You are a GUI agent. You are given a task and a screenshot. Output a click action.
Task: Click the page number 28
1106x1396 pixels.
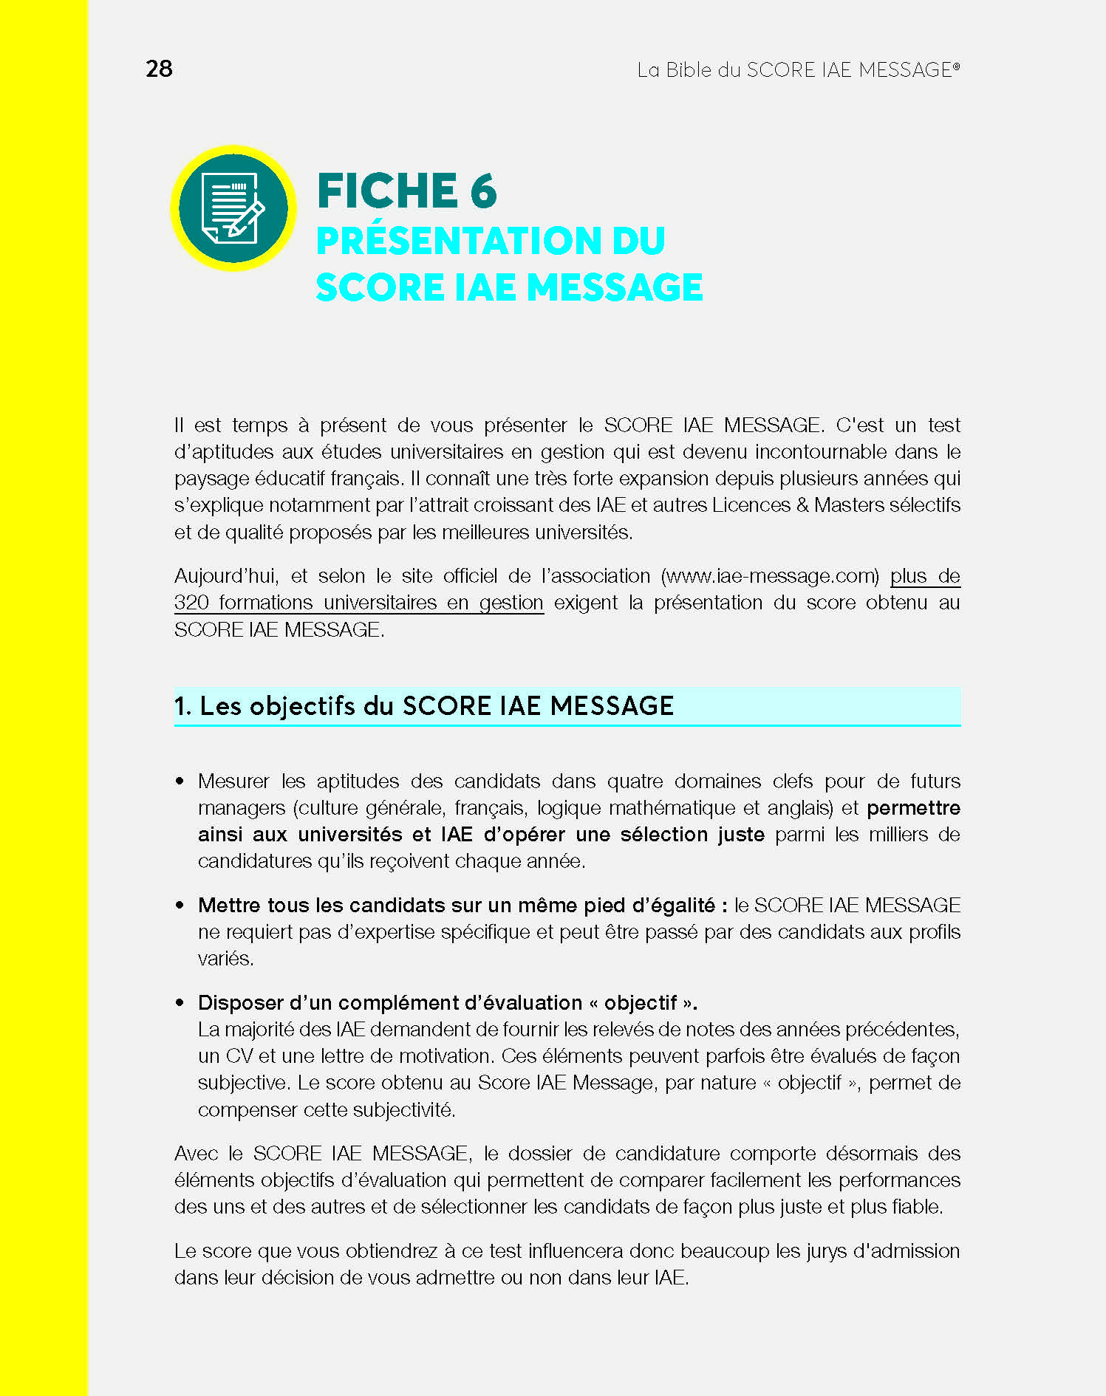click(x=159, y=69)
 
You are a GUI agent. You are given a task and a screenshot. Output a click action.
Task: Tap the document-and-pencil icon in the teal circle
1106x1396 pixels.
click(x=233, y=208)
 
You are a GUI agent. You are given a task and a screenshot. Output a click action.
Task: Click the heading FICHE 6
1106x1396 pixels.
click(x=406, y=191)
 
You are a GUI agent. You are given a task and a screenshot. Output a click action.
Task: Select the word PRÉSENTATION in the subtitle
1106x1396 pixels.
click(x=459, y=241)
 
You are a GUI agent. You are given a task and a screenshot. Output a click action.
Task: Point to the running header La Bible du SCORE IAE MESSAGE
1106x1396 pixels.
click(x=798, y=70)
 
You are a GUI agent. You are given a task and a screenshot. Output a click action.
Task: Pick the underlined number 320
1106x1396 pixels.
click(x=191, y=603)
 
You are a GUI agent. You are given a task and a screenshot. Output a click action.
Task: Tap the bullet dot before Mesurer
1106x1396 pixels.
click(x=180, y=781)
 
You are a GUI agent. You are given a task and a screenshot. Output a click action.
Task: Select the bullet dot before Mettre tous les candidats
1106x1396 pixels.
click(x=180, y=906)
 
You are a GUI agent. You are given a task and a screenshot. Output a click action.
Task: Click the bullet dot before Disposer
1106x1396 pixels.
click(x=180, y=1003)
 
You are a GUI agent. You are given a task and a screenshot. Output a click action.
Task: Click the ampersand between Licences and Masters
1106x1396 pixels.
click(x=802, y=505)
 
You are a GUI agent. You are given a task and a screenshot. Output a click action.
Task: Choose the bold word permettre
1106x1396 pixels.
click(x=913, y=808)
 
